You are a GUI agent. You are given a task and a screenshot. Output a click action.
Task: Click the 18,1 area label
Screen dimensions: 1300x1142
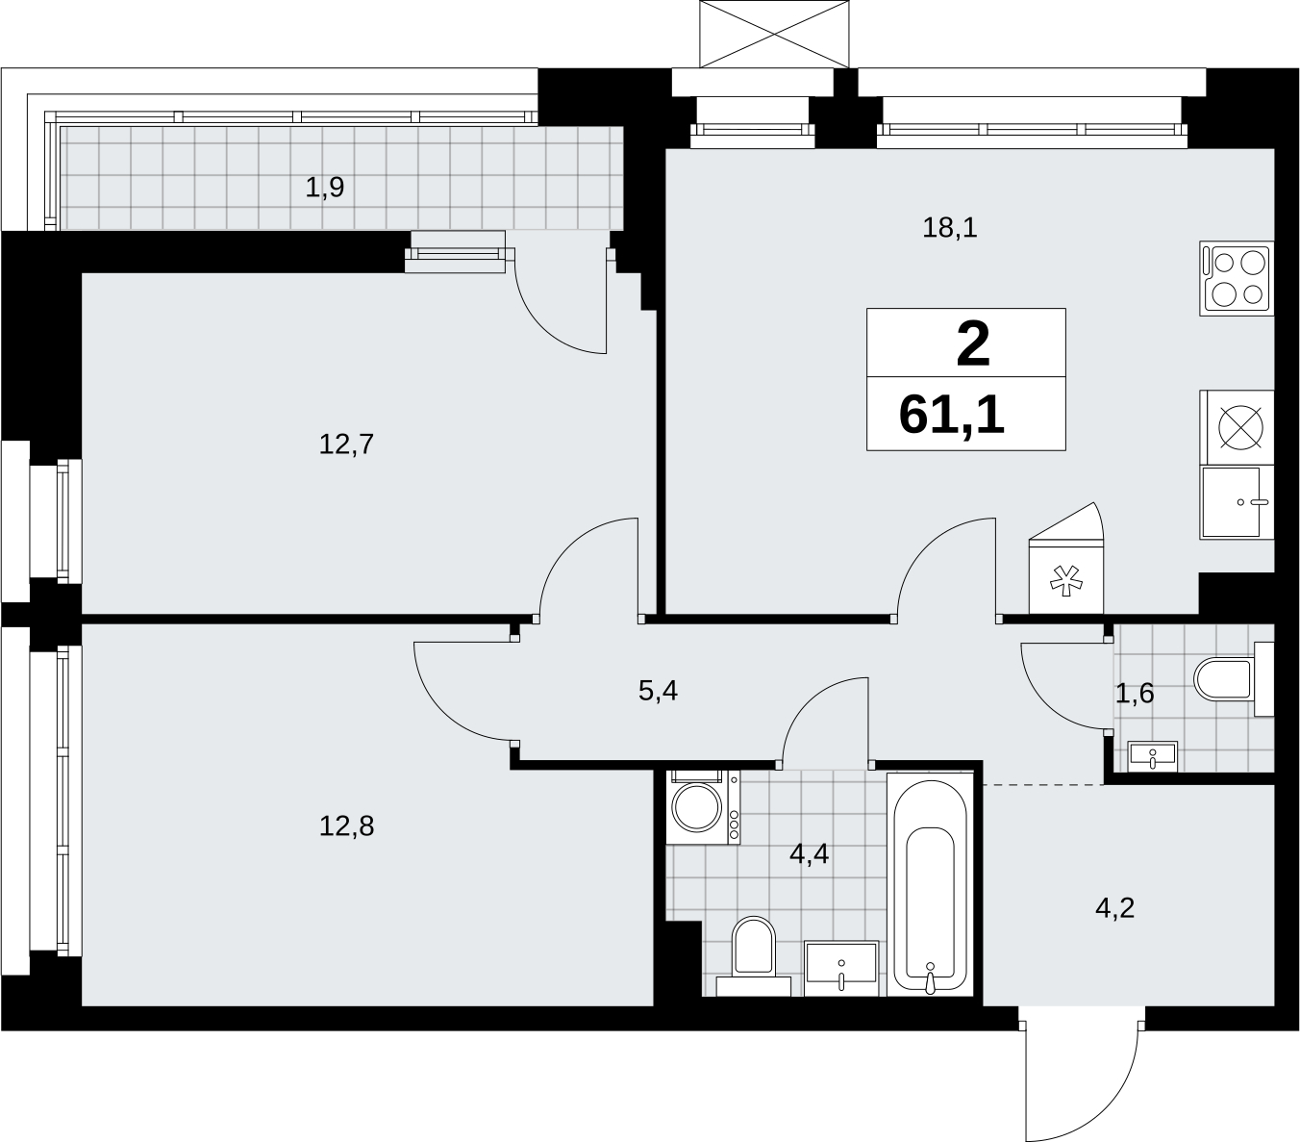[x=950, y=228]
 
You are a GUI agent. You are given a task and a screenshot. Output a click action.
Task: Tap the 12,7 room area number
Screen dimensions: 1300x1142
[x=346, y=444]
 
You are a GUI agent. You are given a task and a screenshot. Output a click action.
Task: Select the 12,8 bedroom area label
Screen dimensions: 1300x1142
[x=346, y=826]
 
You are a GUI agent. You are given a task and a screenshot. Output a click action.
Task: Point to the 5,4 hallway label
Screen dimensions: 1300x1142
[x=659, y=692]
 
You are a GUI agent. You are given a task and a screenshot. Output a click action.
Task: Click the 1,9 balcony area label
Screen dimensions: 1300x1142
[x=325, y=188]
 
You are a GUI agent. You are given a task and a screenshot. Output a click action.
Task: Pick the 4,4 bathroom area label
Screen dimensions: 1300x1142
[x=809, y=854]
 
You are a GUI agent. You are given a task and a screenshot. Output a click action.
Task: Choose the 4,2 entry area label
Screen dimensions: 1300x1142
[x=1115, y=908]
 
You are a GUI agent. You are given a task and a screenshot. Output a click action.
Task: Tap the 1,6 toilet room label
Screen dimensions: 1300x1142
[x=1135, y=694]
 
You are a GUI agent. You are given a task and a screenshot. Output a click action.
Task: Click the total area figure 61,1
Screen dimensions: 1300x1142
[x=952, y=416]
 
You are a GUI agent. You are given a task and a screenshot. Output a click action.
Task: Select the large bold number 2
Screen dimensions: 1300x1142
[x=973, y=345]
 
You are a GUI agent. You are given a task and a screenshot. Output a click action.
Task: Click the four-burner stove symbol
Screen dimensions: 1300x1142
[x=1237, y=279]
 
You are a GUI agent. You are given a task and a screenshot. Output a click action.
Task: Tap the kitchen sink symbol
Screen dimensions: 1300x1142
[x=1237, y=502]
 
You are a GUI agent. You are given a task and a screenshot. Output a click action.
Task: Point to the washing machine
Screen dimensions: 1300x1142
[x=703, y=807]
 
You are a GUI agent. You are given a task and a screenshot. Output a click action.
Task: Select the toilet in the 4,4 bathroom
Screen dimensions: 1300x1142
[x=753, y=956]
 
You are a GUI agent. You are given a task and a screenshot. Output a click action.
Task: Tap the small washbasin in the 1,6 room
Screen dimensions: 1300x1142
[x=1153, y=756]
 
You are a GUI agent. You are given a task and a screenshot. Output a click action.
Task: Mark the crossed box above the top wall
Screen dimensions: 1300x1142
[x=774, y=34]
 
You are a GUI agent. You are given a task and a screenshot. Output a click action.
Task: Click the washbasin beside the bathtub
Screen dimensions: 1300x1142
[x=841, y=969]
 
